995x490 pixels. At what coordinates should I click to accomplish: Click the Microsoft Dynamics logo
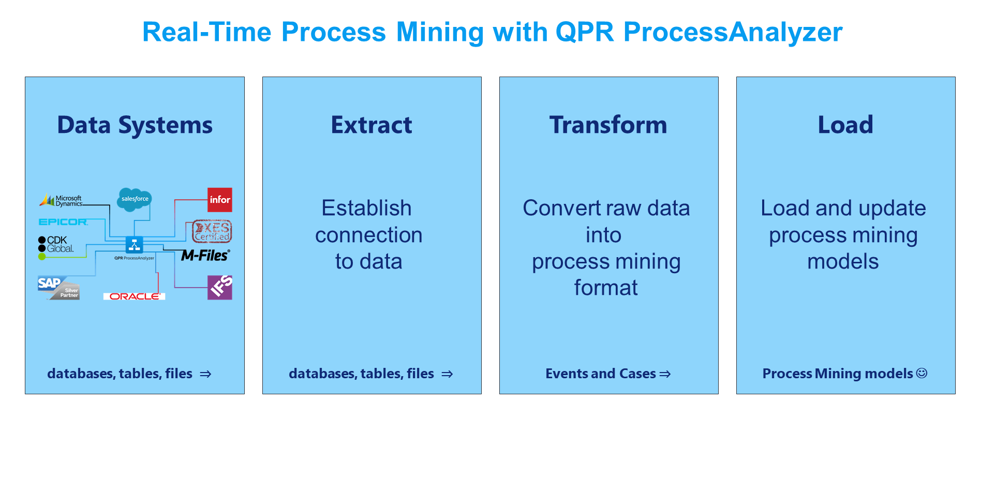point(61,200)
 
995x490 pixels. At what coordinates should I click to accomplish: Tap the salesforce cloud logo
point(135,199)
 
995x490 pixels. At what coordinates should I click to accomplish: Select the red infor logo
point(220,200)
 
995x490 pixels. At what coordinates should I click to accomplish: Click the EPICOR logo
point(63,222)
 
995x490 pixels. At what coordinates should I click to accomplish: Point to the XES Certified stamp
point(212,231)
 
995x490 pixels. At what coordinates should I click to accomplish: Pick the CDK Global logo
point(56,244)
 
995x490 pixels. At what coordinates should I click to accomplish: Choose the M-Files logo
point(205,255)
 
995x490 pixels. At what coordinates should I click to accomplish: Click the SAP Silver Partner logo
point(58,288)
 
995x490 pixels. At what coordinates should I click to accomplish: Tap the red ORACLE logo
point(135,296)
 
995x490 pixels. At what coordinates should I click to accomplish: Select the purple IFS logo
point(220,288)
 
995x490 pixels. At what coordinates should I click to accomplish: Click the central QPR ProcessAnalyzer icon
point(135,244)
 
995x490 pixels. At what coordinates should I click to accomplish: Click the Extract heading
point(372,125)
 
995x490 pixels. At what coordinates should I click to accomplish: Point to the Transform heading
point(608,125)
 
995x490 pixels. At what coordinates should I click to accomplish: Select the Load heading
point(845,125)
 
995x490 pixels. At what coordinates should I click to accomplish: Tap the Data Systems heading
point(135,126)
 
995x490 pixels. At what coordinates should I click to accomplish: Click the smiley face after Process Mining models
point(922,373)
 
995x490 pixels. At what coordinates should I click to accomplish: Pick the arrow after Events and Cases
point(665,374)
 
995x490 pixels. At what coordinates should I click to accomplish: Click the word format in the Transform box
point(606,288)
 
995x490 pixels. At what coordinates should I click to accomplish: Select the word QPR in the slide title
point(585,32)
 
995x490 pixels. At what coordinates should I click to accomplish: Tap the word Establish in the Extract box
point(366,208)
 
